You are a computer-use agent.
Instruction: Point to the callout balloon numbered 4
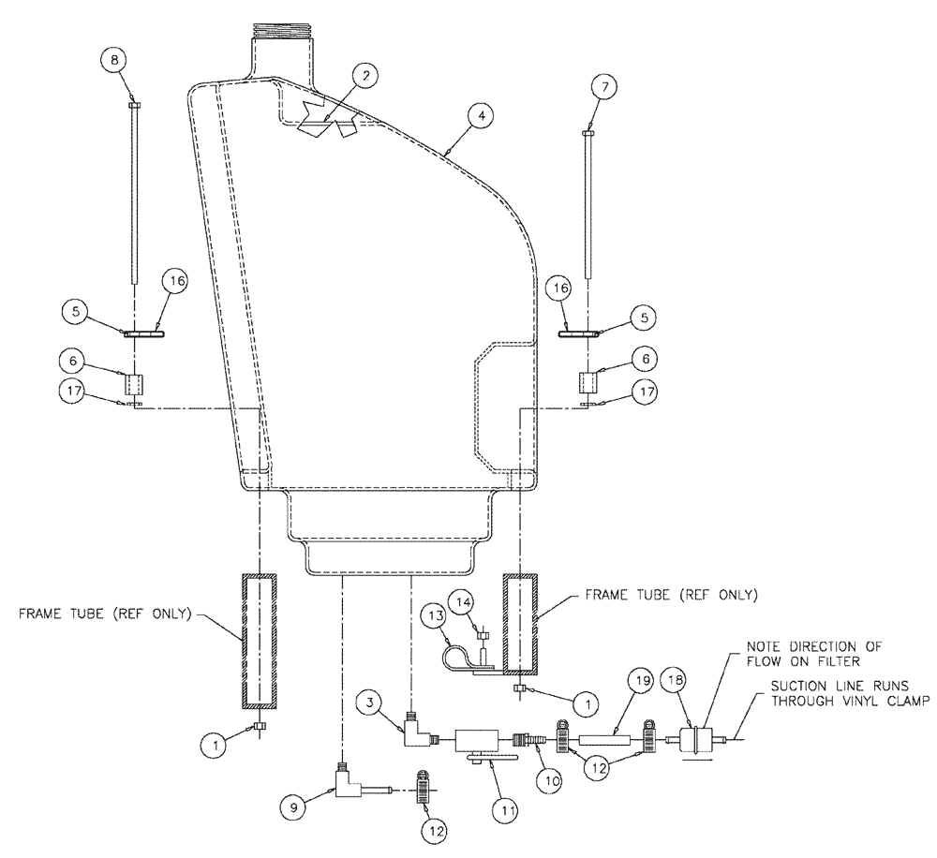(480, 115)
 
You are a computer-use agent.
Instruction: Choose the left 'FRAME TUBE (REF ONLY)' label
(105, 614)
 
